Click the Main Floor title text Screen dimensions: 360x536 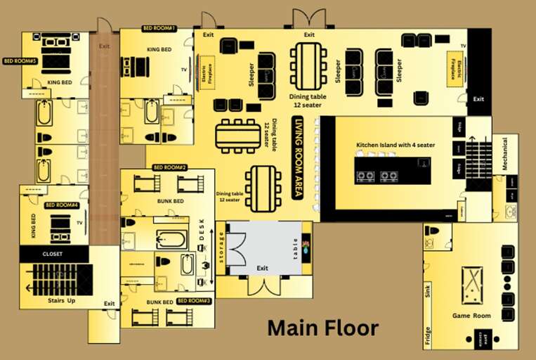[x=323, y=328]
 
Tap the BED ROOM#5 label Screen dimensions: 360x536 [x=20, y=61]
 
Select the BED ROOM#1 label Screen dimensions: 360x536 [x=159, y=29]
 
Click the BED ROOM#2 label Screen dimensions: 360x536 [x=169, y=167]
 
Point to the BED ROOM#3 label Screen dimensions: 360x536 [x=193, y=300]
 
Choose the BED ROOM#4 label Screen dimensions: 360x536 [x=59, y=205]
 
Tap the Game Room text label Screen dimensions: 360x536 [x=471, y=316]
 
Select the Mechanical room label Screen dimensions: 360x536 [x=504, y=155]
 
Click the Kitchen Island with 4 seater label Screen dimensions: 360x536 [x=396, y=145]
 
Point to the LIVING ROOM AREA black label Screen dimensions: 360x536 [x=299, y=159]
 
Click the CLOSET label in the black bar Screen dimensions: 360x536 [x=53, y=253]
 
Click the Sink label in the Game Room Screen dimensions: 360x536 [x=428, y=292]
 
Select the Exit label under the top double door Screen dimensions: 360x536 [x=309, y=34]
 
